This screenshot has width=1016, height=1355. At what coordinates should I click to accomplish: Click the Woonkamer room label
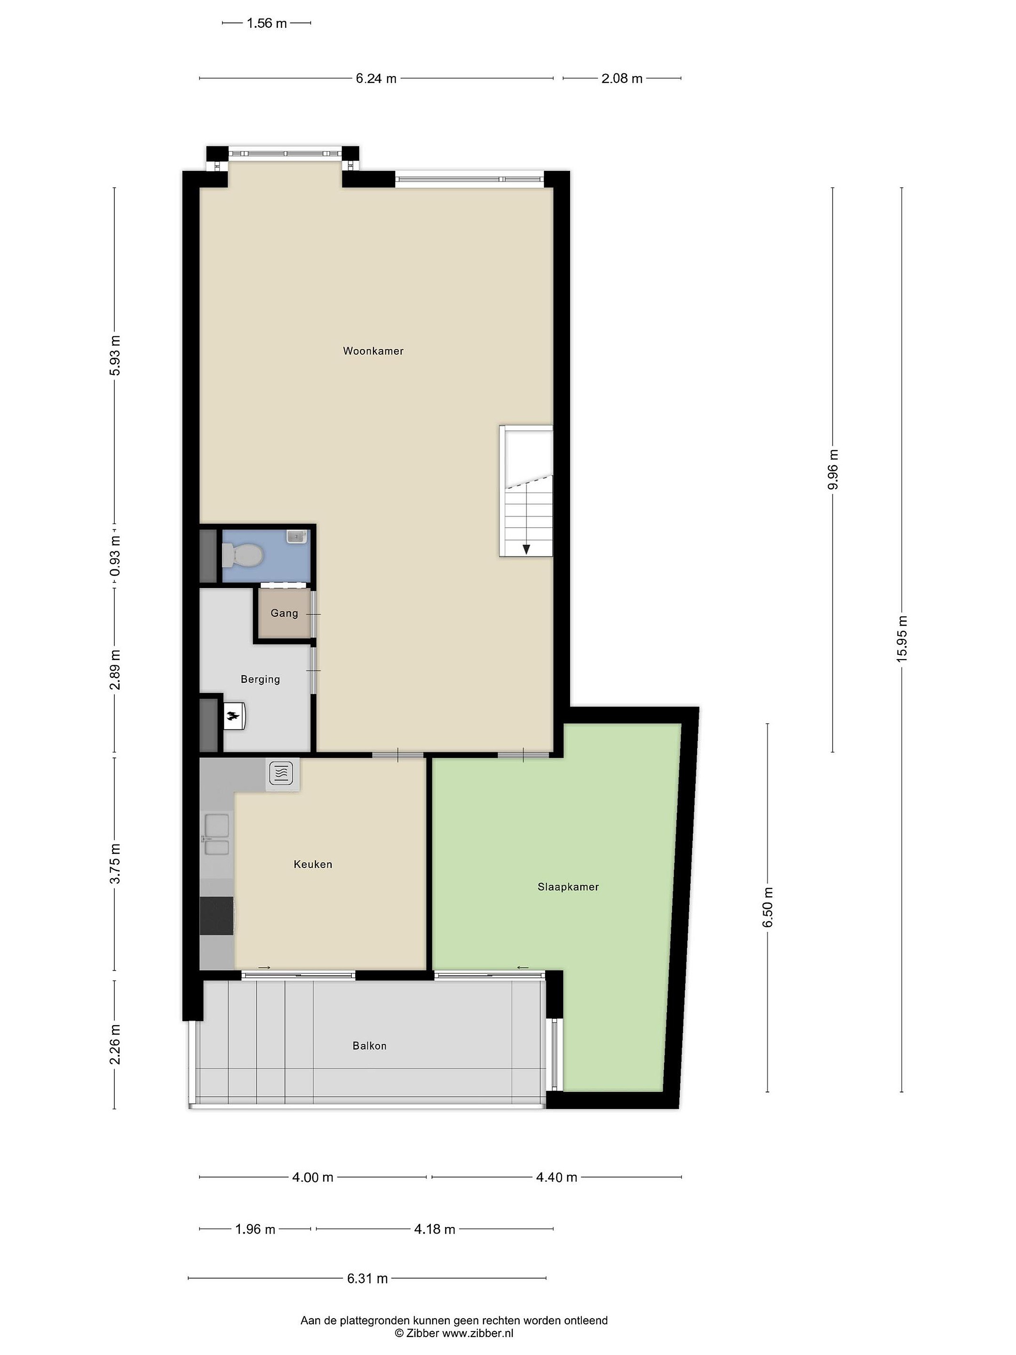[x=373, y=351]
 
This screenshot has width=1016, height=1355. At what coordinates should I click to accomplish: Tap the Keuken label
[x=313, y=864]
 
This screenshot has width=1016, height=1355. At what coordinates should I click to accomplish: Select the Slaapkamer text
[x=568, y=886]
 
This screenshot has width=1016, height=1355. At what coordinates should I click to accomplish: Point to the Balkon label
[x=369, y=1045]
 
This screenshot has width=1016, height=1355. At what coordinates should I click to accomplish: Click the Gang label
[x=284, y=613]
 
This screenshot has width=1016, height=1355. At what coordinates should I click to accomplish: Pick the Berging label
[x=260, y=679]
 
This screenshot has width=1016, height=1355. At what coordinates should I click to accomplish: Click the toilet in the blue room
[x=243, y=556]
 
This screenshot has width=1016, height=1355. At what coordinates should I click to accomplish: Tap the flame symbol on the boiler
[x=233, y=716]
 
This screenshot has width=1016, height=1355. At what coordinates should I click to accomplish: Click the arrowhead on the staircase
[x=526, y=550]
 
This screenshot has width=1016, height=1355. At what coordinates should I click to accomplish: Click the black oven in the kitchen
[x=217, y=916]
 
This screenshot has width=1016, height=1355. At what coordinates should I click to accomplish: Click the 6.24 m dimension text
[x=376, y=79]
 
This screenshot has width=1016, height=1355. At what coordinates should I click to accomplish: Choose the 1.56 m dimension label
[x=266, y=23]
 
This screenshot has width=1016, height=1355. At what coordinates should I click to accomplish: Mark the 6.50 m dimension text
[x=768, y=907]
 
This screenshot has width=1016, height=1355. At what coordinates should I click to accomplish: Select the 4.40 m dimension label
[x=557, y=1177]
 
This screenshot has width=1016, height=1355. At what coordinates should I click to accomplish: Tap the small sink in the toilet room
[x=296, y=537]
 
